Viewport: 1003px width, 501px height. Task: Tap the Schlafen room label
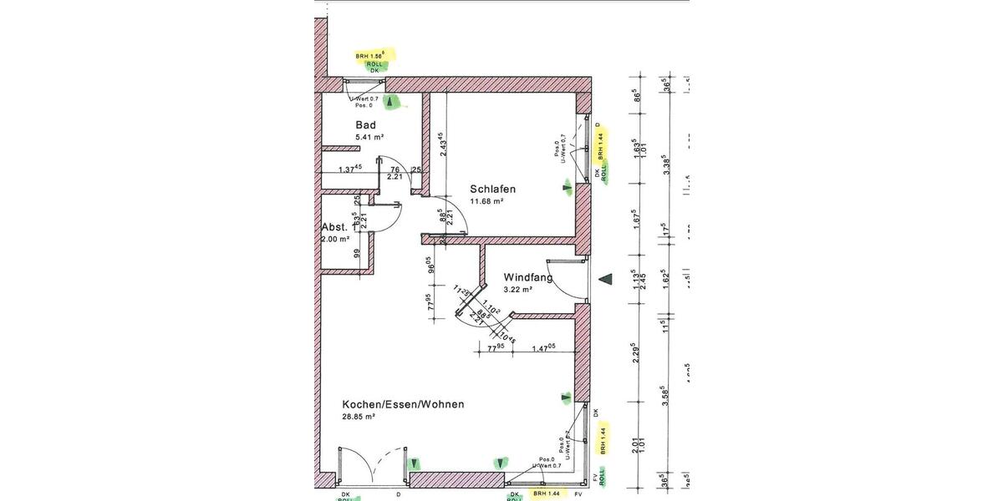[492, 189]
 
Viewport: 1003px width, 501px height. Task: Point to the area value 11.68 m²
[486, 201]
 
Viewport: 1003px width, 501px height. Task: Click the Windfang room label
[527, 277]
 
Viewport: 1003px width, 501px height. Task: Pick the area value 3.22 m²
[518, 289]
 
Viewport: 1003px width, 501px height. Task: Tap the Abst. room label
[334, 227]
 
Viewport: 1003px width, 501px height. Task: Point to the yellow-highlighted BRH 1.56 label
[374, 55]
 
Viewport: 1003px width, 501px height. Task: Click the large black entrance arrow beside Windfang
[607, 279]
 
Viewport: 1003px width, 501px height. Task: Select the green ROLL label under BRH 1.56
[374, 63]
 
